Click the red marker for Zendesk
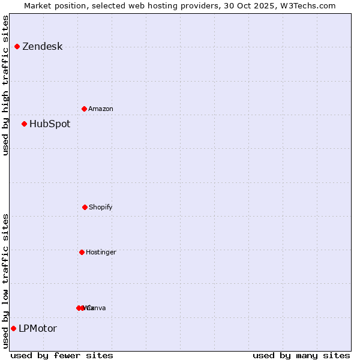(x=17, y=46)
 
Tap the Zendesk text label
(x=42, y=47)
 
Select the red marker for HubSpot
(x=24, y=124)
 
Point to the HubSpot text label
(x=50, y=124)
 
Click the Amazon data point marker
(x=84, y=109)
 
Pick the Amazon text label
(x=101, y=109)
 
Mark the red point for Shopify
(x=85, y=207)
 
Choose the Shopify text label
(x=101, y=208)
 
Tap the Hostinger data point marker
(x=82, y=252)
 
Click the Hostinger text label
(x=101, y=253)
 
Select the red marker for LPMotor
(x=13, y=328)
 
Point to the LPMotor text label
(x=38, y=329)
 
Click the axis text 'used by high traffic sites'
(x=5, y=85)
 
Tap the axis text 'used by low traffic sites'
(x=5, y=281)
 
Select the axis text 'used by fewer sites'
(x=62, y=356)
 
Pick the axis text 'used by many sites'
(x=301, y=356)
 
